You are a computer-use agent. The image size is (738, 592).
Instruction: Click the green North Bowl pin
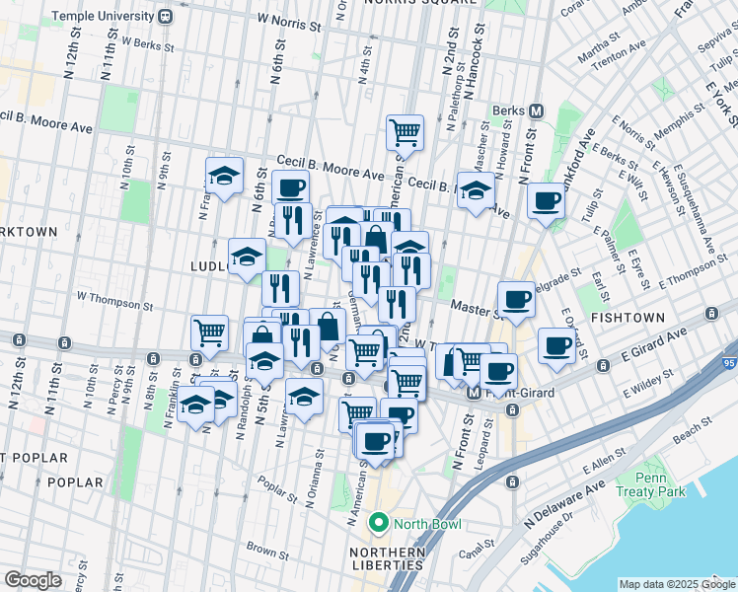(x=375, y=522)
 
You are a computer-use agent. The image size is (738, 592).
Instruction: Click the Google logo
(x=33, y=580)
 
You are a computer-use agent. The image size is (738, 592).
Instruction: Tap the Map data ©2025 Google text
(x=677, y=584)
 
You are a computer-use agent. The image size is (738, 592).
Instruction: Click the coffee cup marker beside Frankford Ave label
(x=545, y=201)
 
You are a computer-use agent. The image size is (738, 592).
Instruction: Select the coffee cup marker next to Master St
(x=516, y=299)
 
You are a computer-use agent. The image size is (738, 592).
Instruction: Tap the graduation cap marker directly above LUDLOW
(x=247, y=256)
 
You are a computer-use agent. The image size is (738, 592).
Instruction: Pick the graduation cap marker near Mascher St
(x=476, y=189)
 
